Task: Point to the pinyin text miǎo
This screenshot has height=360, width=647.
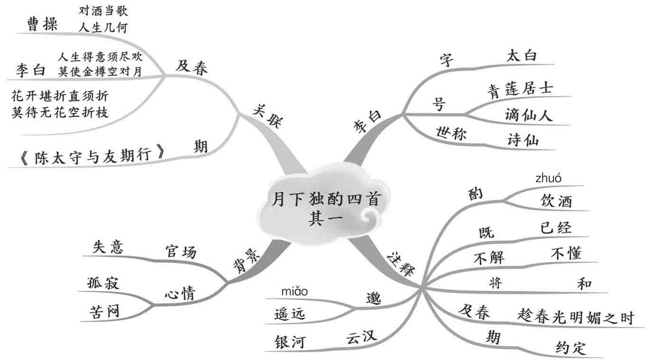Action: [295, 290]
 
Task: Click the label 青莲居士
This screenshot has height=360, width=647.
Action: [520, 89]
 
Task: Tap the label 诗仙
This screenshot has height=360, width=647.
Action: [523, 140]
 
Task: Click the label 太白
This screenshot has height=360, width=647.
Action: [522, 56]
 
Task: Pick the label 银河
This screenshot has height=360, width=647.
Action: [290, 341]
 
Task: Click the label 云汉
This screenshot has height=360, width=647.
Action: [361, 337]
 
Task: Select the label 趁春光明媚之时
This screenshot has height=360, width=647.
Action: [575, 318]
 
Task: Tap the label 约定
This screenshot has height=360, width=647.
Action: [571, 348]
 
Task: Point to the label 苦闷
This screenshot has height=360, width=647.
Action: [104, 311]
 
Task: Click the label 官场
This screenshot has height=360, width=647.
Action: [180, 252]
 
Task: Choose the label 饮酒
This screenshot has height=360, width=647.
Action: [556, 201]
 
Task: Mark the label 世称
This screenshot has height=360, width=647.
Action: [451, 133]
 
